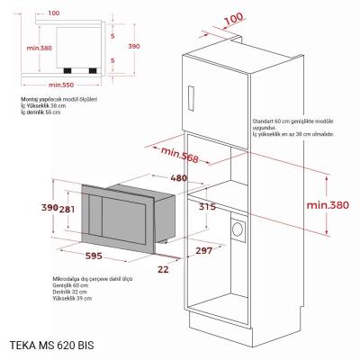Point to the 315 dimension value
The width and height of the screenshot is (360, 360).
[206, 208]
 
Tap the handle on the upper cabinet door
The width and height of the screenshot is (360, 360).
[191, 95]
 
